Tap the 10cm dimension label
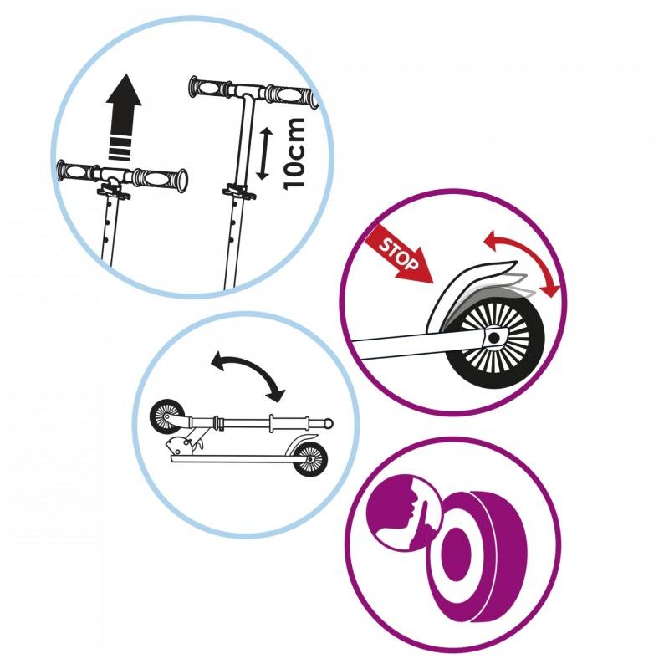coord(295,153)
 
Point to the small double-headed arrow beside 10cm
coord(264,153)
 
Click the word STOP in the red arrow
coord(399,255)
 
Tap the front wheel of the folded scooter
coord(166,416)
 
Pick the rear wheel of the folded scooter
coord(310,459)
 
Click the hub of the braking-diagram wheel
coord(494,338)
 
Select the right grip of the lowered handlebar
coord(160,179)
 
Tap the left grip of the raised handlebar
coord(209,88)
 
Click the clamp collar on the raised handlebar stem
coord(238,192)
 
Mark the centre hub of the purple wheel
coord(456,554)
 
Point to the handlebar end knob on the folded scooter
coord(328,423)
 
